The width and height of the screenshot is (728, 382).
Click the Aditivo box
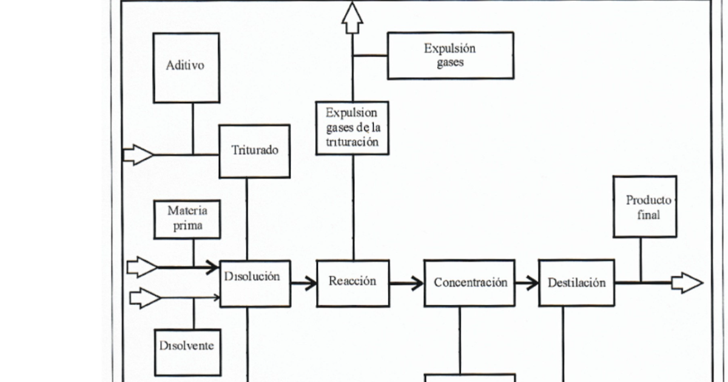pos(186,67)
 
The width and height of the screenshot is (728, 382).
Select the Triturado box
pos(255,151)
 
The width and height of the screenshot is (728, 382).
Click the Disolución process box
pos(255,283)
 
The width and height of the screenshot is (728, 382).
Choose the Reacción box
pos(352,283)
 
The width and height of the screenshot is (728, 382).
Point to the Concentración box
pos(470,283)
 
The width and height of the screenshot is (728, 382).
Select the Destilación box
pos(576,283)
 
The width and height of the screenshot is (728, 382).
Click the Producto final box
pos(645,207)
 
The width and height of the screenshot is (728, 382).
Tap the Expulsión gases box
pos(450,56)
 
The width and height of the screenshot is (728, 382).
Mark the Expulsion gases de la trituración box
pos(352,128)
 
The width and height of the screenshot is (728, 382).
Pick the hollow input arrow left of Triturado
pos(138,155)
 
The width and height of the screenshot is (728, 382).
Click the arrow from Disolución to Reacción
pos(303,283)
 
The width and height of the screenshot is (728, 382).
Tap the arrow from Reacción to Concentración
pos(406,283)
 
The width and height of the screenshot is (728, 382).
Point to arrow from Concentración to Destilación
pos(527,283)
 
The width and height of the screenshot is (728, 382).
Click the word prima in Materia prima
pos(187,227)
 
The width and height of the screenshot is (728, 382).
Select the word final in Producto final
pos(649,215)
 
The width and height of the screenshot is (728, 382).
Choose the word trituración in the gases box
pos(352,142)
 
